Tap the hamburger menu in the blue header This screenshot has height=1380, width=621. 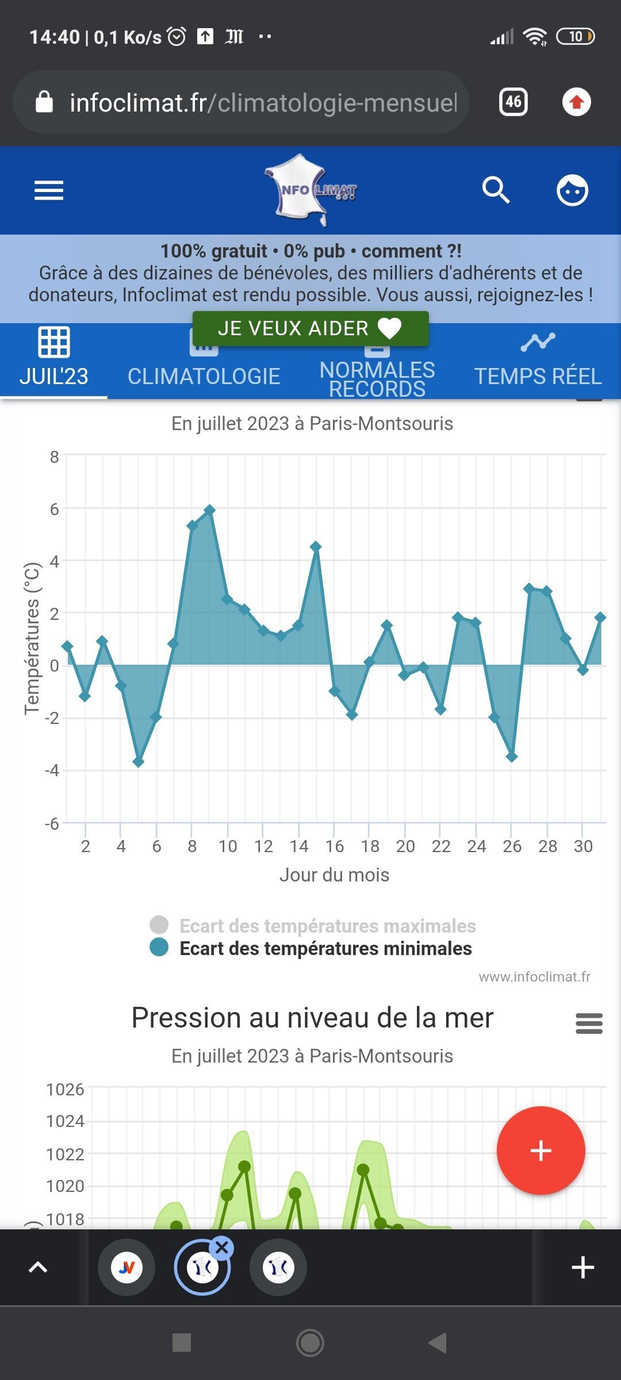coord(49,190)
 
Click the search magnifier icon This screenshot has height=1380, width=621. coord(496,190)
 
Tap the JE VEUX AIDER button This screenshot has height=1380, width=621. coord(310,328)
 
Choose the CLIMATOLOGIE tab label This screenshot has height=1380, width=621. coord(204,376)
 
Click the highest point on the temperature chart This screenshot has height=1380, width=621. coord(210,510)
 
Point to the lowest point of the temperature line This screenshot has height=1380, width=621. coord(139,762)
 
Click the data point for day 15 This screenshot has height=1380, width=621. coord(316,546)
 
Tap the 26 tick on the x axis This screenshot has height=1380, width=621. coord(512,846)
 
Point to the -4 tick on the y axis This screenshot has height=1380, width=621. coord(52,770)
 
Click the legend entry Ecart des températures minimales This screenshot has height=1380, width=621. coord(325,948)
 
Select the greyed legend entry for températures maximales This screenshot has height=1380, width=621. coord(327,926)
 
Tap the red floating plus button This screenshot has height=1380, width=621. coord(540,1151)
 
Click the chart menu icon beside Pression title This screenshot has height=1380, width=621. coord(589,1023)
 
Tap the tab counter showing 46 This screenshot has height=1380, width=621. coord(513,102)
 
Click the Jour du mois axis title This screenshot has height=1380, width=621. coord(334,875)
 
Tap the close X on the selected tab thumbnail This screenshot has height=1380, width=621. coord(222,1248)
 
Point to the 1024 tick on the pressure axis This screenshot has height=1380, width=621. coord(65,1121)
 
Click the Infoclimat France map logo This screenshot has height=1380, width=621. coord(310,190)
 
